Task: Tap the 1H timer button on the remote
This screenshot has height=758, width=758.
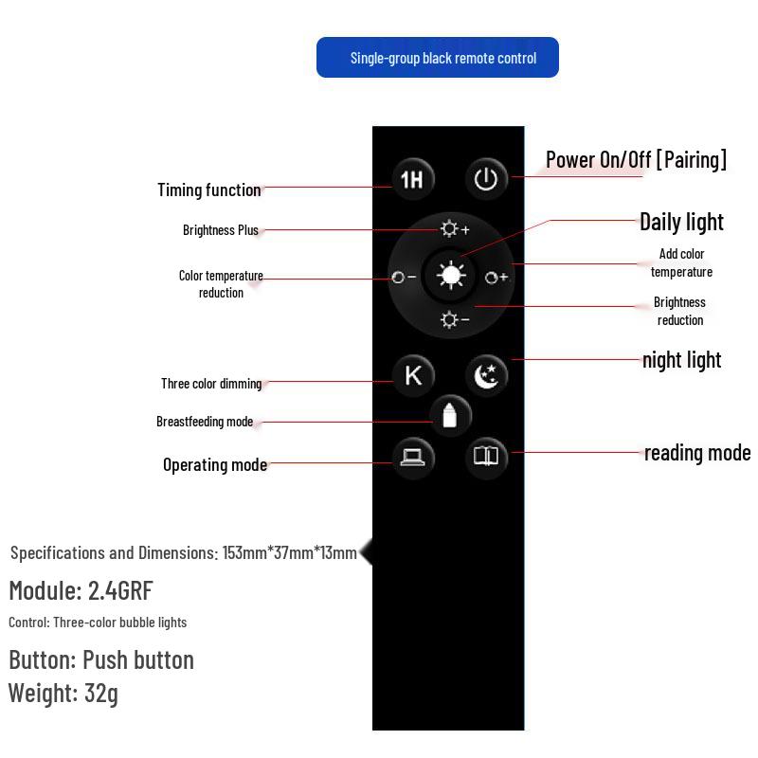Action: tap(412, 178)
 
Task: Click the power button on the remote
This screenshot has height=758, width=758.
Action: tap(486, 178)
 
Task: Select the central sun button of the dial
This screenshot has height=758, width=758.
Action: tap(451, 276)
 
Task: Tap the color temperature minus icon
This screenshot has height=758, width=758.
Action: tap(405, 278)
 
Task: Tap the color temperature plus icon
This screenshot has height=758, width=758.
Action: tap(496, 278)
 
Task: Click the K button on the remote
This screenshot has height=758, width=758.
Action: tap(413, 375)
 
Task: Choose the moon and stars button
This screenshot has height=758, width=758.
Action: tap(487, 375)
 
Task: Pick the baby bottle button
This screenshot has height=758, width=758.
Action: tap(450, 415)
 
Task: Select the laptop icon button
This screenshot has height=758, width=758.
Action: tap(412, 457)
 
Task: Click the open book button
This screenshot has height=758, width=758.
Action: tap(486, 457)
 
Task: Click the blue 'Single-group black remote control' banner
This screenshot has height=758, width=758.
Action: tap(438, 58)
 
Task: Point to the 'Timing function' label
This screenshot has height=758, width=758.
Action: tap(209, 190)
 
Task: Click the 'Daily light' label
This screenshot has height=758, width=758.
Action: tap(681, 222)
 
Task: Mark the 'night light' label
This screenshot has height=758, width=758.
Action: tap(681, 360)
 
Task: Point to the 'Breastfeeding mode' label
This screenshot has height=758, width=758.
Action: tap(205, 422)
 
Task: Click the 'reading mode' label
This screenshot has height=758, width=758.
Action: tap(697, 453)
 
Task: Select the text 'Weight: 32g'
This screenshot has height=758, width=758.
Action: tap(63, 693)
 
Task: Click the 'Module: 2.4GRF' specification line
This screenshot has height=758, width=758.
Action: tap(81, 591)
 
